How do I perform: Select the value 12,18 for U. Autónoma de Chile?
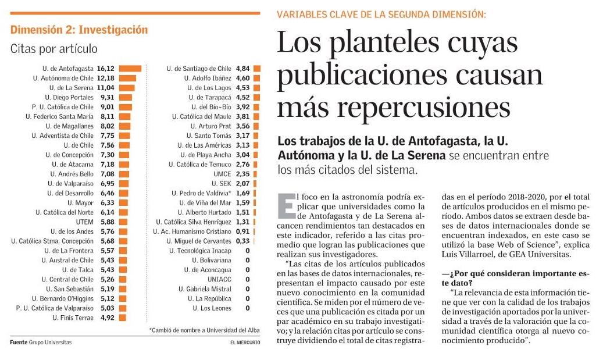coord(105,78)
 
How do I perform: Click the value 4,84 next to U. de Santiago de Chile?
coord(242,68)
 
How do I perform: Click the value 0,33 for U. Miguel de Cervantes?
coord(242,241)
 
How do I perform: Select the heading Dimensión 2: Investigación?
coord(79,30)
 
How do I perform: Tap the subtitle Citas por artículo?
coord(53,49)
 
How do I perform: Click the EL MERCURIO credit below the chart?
coord(244,343)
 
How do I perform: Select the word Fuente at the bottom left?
coord(19,343)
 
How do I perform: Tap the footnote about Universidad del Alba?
coord(205,330)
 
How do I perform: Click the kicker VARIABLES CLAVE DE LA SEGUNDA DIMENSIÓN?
coord(381,14)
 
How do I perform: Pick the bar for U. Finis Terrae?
coord(123,318)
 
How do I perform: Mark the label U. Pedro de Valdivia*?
coord(201,193)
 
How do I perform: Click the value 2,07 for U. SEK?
coord(242,183)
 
